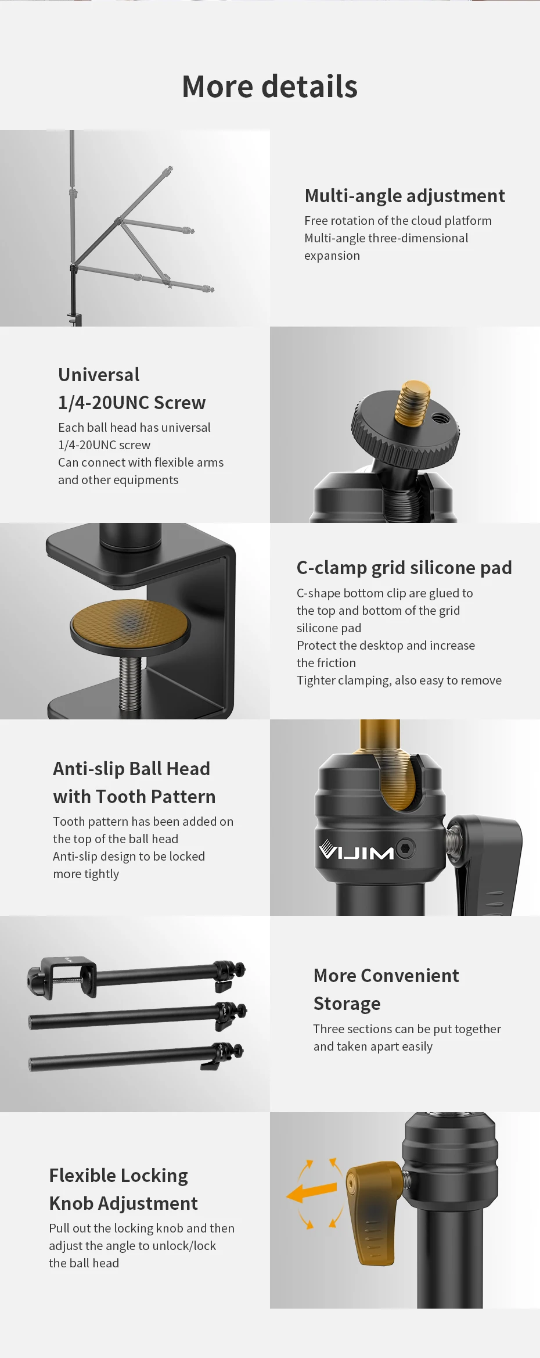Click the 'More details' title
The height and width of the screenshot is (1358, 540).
(269, 87)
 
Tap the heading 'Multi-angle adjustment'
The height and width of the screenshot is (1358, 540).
(405, 196)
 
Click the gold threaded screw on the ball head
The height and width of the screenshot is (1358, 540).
(412, 400)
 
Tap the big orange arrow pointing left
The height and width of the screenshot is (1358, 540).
(312, 1193)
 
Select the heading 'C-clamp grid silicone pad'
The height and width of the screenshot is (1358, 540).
(404, 568)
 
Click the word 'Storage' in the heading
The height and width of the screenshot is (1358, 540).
(347, 1004)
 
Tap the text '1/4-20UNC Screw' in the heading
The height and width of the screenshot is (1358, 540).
(132, 403)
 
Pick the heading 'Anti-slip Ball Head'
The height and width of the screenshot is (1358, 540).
(132, 769)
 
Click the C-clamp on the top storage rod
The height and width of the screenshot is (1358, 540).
(62, 977)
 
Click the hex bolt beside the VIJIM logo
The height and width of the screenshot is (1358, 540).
(405, 848)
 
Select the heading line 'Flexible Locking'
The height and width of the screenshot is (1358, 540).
(118, 1176)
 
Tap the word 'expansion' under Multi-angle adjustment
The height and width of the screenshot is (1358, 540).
(332, 256)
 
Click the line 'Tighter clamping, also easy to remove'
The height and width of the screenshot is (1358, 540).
(399, 680)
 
